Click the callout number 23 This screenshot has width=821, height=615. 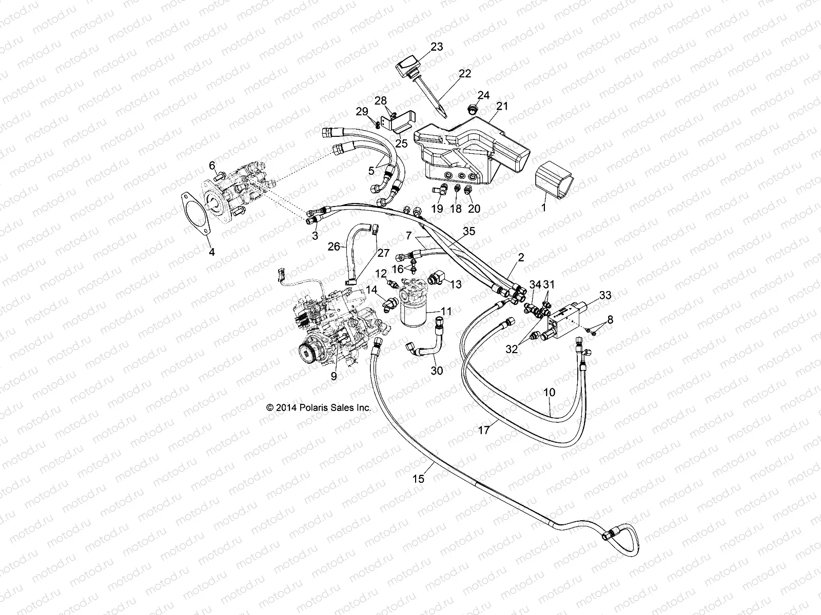click(437, 47)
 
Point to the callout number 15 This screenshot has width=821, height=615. click(418, 479)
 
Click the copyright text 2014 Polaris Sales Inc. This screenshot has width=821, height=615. click(318, 408)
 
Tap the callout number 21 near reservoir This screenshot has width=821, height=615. click(502, 106)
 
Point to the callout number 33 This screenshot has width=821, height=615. click(605, 295)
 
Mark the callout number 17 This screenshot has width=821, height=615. click(484, 431)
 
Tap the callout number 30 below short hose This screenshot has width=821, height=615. click(437, 370)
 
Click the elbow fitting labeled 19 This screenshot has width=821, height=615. click(437, 192)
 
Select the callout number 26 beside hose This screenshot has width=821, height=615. click(334, 247)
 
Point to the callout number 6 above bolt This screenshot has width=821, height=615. click(211, 165)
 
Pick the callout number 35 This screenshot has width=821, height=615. click(468, 231)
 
